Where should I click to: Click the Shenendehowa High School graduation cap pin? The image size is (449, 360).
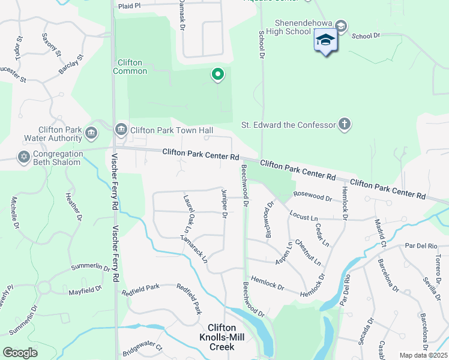pyautogui.click(x=325, y=40)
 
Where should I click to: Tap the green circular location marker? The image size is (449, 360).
pyautogui.click(x=217, y=74)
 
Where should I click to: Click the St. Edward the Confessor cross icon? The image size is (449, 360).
pyautogui.click(x=344, y=125)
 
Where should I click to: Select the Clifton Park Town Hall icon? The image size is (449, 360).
pyautogui.click(x=121, y=129)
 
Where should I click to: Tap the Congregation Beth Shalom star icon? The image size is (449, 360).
pyautogui.click(x=23, y=157)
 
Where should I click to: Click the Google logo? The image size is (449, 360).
pyautogui.click(x=20, y=352)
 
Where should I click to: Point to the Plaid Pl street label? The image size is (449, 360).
pyautogui.click(x=129, y=5)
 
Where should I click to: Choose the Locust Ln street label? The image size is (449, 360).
pyautogui.click(x=303, y=215)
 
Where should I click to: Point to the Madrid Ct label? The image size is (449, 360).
pyautogui.click(x=381, y=233)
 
